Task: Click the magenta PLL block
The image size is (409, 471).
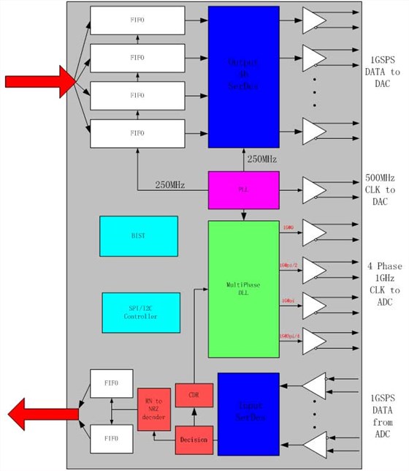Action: [x=243, y=188]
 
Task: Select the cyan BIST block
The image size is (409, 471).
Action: [x=138, y=235]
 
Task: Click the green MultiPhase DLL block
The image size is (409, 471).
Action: [x=243, y=289]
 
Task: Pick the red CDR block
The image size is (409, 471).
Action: [x=194, y=394]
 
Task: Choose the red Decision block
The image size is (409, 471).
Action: [x=194, y=440]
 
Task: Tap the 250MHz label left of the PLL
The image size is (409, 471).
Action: [x=169, y=186]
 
